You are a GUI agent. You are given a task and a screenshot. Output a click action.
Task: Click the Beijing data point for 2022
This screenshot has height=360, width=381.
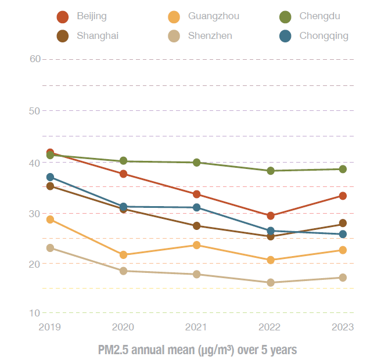(x=271, y=215)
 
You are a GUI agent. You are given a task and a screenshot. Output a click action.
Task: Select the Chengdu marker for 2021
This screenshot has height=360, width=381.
(x=197, y=163)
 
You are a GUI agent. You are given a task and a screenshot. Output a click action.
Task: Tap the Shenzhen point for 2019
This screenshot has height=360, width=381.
(x=50, y=248)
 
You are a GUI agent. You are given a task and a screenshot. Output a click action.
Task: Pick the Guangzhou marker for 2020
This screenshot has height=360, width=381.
(x=123, y=254)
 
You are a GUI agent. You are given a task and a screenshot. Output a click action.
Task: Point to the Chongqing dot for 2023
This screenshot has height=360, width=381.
(x=343, y=234)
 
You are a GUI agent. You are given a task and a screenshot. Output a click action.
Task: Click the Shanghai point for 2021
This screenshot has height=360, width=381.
(x=197, y=226)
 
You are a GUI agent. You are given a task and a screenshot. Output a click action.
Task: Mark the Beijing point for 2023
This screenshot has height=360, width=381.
(x=343, y=196)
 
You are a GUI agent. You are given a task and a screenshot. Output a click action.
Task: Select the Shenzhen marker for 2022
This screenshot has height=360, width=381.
(x=271, y=283)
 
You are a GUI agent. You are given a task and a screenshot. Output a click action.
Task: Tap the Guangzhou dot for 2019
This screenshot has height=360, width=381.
(x=50, y=219)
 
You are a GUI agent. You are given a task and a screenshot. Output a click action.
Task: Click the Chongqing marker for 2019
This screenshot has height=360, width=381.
(x=50, y=177)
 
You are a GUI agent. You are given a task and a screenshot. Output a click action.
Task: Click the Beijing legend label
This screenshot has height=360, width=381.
(x=92, y=16)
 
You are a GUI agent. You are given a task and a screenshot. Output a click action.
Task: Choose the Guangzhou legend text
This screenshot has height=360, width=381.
(x=213, y=16)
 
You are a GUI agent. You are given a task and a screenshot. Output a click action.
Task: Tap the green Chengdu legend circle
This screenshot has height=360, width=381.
(x=286, y=17)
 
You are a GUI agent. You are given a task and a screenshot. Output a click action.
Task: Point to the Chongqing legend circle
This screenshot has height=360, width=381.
(x=286, y=36)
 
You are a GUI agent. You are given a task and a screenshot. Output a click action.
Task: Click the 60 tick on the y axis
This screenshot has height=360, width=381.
(x=34, y=59)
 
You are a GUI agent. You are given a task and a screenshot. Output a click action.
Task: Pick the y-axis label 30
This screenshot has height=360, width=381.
(x=34, y=214)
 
